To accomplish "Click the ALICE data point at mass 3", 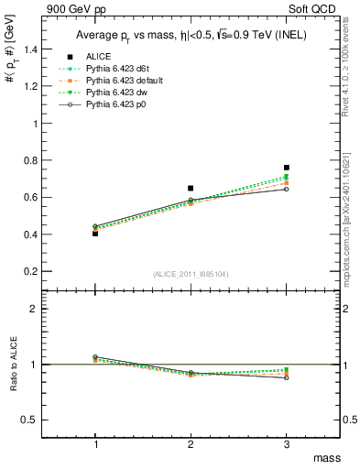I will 287,168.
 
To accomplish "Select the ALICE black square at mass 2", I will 191,188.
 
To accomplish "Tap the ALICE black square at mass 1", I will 95,234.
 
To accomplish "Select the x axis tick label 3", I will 287,443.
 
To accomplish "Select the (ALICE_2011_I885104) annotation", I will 191,274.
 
